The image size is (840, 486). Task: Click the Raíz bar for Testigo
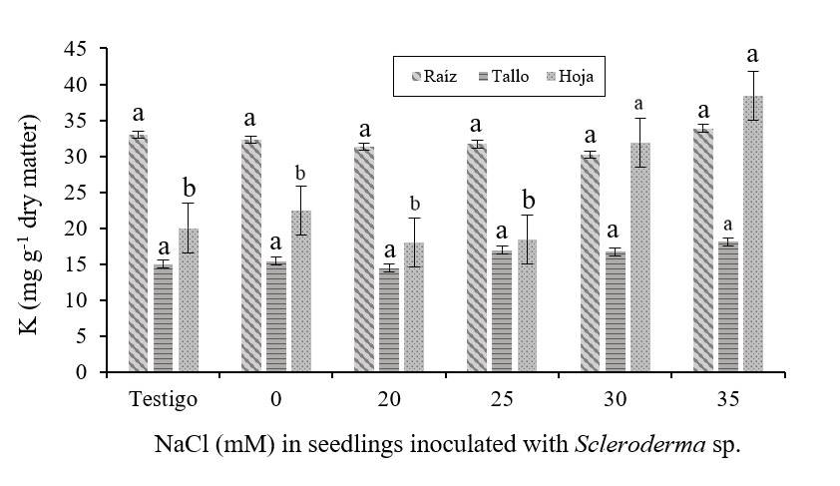click(x=138, y=253)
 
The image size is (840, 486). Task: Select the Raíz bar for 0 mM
click(x=250, y=255)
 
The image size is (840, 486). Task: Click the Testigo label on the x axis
click(x=163, y=399)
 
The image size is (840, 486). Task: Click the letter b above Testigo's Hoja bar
click(x=188, y=189)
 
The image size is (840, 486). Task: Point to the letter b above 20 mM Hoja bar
click(x=413, y=205)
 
